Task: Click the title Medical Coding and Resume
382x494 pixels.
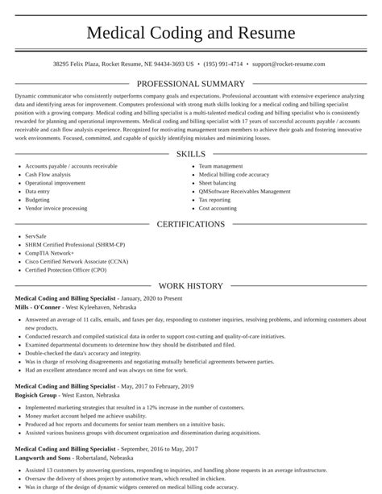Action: coord(190,33)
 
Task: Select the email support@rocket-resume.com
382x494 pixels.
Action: coord(288,63)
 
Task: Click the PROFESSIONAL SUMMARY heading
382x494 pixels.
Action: coord(190,83)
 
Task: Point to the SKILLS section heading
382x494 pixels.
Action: coord(190,131)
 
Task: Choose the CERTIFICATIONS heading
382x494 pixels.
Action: coord(190,224)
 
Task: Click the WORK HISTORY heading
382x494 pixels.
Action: coord(190,285)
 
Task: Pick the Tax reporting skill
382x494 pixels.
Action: coord(214,200)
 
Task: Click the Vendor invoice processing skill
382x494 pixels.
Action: coord(56,208)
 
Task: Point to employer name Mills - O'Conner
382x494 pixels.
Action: coord(37,307)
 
